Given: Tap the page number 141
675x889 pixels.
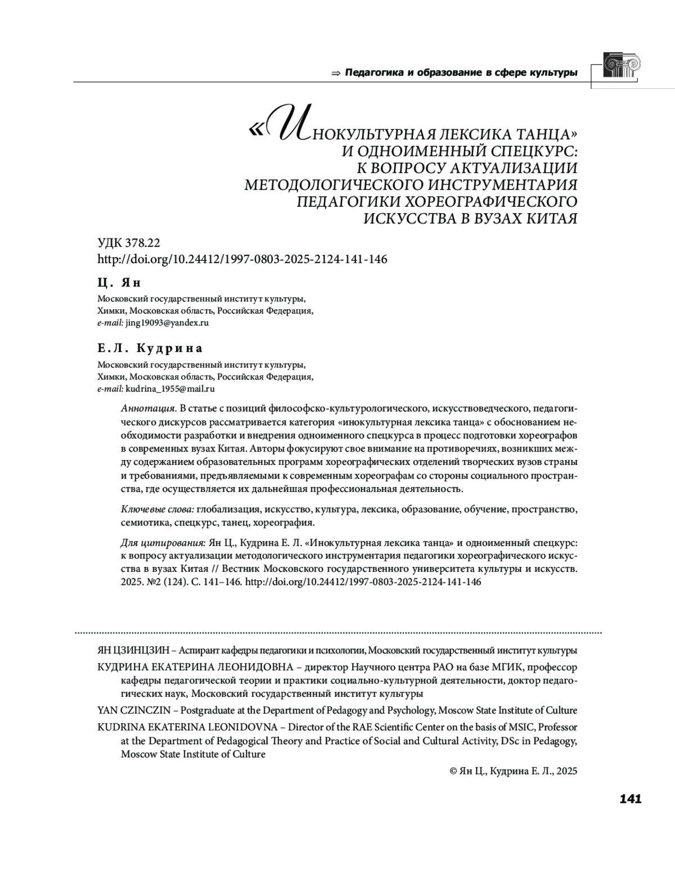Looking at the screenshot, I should coord(630,799).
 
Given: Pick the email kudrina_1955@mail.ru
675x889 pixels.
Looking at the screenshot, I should coord(170,389).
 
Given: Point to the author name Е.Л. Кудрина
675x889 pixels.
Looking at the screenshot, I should coord(150,348).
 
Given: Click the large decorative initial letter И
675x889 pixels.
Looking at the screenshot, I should coord(288,125).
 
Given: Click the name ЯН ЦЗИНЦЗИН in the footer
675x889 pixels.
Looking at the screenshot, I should coord(133,651).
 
